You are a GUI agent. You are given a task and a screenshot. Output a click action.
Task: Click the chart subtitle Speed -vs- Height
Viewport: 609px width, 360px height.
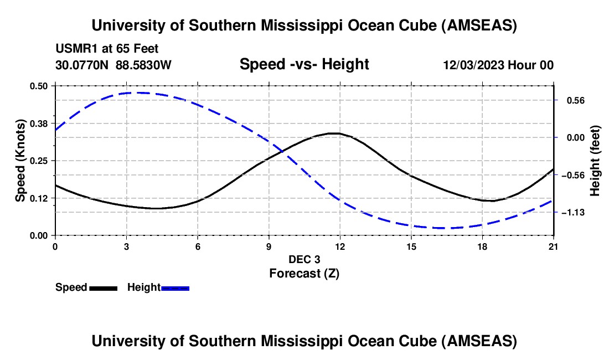click(304, 64)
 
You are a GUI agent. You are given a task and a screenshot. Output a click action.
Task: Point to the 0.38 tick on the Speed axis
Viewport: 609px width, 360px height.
click(39, 123)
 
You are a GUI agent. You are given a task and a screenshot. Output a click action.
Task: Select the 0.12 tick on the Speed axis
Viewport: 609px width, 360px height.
click(39, 198)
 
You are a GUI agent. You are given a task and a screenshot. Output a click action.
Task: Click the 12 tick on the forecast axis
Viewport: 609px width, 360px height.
click(340, 247)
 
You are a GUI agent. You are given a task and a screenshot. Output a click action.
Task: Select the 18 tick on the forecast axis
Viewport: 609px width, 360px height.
click(483, 247)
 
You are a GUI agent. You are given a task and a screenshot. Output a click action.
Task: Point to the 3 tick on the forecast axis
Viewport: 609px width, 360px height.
click(126, 247)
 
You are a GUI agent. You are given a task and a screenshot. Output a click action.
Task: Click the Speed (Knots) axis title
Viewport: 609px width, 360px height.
click(20, 160)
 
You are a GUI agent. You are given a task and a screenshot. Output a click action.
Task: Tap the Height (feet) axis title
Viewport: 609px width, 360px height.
click(595, 161)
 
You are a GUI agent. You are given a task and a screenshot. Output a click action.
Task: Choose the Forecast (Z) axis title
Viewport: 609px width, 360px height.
click(304, 273)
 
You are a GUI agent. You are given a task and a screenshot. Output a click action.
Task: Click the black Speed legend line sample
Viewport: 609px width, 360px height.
click(103, 288)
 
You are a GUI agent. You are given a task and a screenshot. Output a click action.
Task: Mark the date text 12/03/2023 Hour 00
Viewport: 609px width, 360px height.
click(498, 65)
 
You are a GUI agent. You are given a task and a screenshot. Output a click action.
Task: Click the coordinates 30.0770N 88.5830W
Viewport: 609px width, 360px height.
click(113, 65)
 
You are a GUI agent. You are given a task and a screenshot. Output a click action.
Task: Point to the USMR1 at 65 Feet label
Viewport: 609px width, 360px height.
click(107, 49)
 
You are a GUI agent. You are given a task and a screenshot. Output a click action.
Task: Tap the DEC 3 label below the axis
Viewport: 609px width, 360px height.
click(304, 259)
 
